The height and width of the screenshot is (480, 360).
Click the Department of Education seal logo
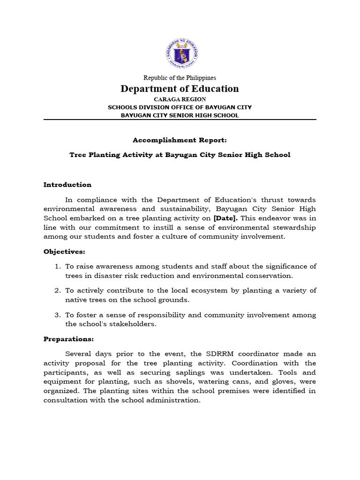(x=180, y=53)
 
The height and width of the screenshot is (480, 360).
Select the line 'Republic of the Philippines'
(x=180, y=78)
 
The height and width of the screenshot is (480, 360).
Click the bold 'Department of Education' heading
(x=180, y=89)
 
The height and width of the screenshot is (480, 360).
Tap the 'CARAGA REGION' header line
(x=180, y=99)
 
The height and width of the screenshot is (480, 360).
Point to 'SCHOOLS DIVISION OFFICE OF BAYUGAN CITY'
(x=180, y=107)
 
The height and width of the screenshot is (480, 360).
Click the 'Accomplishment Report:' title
(x=180, y=140)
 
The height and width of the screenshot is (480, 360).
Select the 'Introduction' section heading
(x=67, y=185)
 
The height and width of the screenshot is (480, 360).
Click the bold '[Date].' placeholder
(x=226, y=218)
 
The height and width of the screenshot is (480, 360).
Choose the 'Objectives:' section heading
(x=64, y=252)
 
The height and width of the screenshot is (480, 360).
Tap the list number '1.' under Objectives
(x=58, y=267)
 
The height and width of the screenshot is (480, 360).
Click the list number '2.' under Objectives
(x=58, y=291)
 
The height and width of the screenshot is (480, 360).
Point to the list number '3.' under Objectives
(x=58, y=315)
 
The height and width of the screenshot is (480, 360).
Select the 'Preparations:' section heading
(x=68, y=339)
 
